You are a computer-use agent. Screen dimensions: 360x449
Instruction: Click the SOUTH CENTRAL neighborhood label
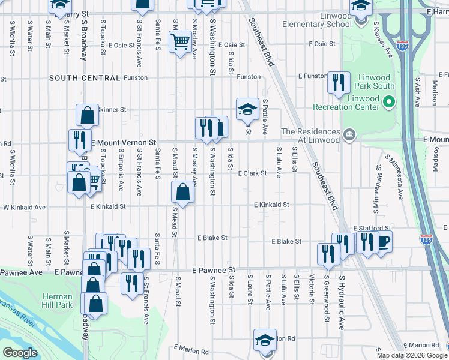click(85, 78)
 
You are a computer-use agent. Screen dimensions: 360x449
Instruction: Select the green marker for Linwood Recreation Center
click(388, 103)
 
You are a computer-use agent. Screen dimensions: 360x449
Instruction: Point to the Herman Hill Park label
click(58, 301)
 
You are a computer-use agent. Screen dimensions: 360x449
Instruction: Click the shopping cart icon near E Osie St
click(179, 42)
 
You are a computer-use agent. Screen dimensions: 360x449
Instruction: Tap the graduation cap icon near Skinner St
click(247, 109)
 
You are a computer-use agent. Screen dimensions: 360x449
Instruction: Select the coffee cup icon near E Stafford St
click(383, 242)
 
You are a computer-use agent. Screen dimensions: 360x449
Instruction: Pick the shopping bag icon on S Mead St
click(183, 193)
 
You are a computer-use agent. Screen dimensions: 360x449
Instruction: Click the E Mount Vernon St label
click(122, 142)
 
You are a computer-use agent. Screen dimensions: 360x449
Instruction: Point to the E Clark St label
click(252, 173)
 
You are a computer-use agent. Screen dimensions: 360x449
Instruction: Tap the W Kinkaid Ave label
click(25, 207)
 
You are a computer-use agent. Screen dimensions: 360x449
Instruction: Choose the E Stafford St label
click(372, 229)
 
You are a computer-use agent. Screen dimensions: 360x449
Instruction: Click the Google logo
click(20, 353)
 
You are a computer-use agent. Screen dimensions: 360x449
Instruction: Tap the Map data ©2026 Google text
click(412, 355)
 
